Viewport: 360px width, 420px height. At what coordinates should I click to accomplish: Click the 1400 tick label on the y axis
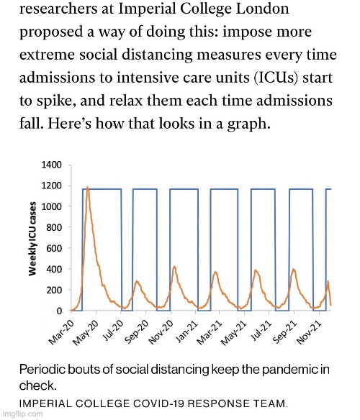coord(52,165)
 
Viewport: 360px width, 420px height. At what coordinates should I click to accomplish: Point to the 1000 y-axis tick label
coord(52,206)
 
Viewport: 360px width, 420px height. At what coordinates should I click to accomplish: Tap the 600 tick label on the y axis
coord(54,248)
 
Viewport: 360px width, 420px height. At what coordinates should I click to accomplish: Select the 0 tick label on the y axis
coord(59,311)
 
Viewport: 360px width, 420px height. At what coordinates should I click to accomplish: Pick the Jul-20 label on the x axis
coord(114,331)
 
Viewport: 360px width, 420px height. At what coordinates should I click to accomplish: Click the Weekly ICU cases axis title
coord(32,239)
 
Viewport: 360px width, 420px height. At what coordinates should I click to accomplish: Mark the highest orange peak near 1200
coord(87,188)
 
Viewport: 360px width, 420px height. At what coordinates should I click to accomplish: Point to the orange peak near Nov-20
coord(175,267)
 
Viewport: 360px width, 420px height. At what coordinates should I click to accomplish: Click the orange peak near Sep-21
coord(294,269)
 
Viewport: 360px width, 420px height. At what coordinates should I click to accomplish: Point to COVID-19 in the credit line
coord(158,403)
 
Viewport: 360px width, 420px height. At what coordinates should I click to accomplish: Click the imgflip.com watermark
coord(22,414)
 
